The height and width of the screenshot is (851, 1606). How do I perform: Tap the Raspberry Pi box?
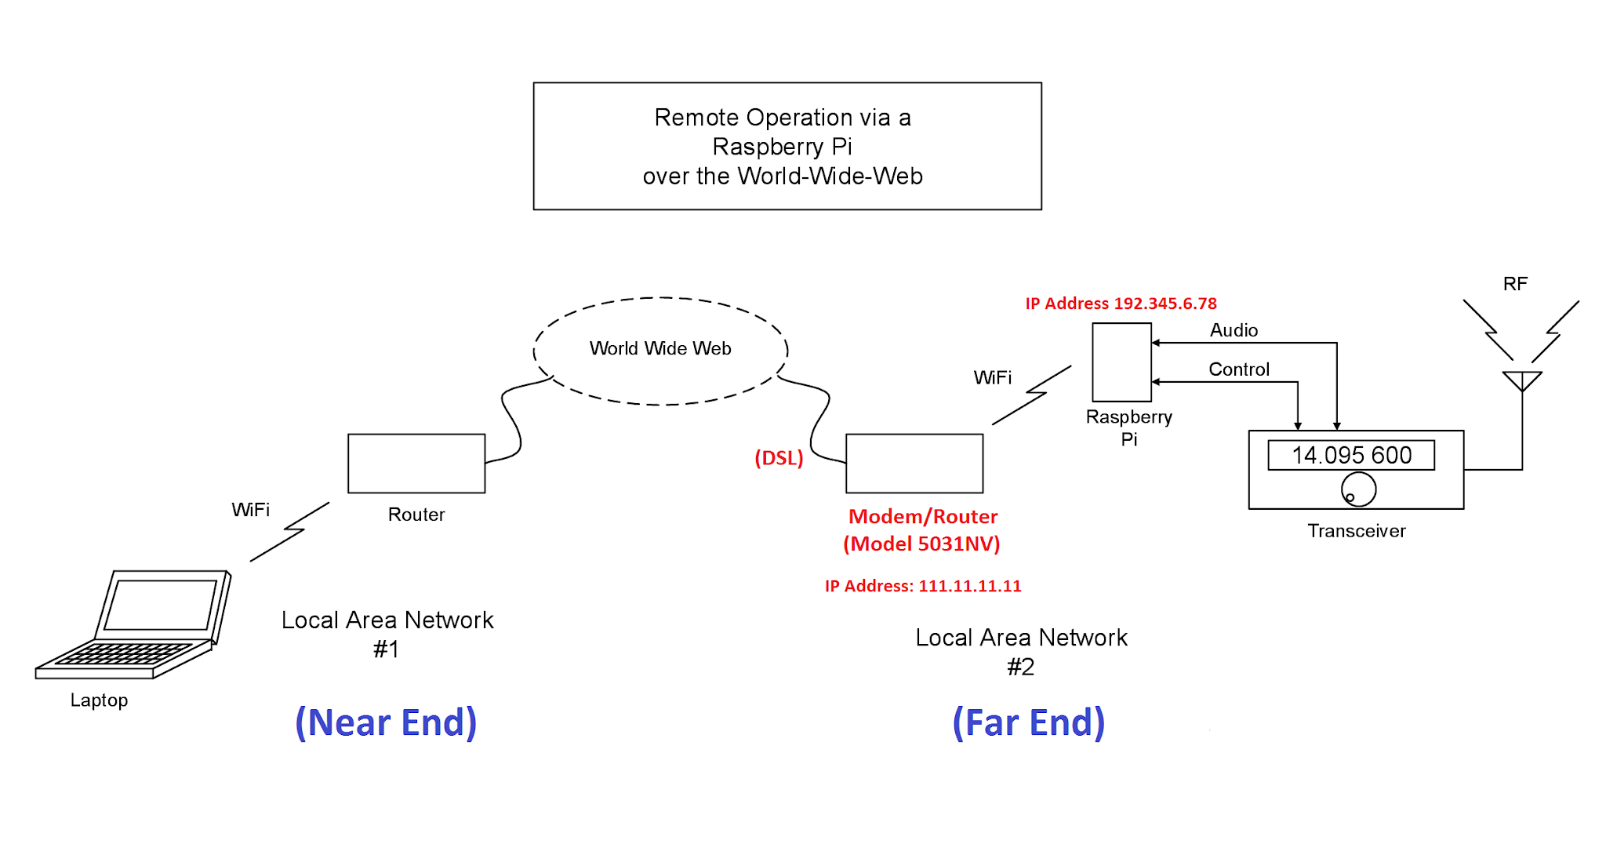(1121, 362)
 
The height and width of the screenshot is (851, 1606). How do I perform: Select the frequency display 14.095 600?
(1351, 455)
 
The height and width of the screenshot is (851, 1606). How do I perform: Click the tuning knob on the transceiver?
(1358, 489)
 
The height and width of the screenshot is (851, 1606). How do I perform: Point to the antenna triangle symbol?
(1522, 380)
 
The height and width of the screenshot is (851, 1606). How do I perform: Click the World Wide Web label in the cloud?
(660, 348)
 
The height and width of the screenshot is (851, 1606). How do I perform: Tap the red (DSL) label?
(779, 458)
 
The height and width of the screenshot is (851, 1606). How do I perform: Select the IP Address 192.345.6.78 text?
(1121, 304)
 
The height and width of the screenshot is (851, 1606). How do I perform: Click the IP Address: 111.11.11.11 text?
(923, 586)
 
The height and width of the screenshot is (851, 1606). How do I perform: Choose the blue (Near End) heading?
(386, 722)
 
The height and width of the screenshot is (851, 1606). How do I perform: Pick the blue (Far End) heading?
(1028, 722)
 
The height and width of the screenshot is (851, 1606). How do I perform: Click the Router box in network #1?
(416, 464)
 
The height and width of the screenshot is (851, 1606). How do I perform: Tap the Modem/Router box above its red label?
(914, 464)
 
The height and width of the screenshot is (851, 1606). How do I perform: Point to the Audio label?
(1234, 330)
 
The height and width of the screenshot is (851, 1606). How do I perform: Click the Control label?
(1238, 369)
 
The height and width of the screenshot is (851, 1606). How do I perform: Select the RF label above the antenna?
(1515, 284)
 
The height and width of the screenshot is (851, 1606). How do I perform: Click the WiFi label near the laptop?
(250, 510)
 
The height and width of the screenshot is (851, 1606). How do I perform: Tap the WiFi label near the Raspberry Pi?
(992, 378)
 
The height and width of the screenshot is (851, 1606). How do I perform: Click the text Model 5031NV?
(921, 544)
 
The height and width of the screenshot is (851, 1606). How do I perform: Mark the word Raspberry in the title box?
(768, 147)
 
